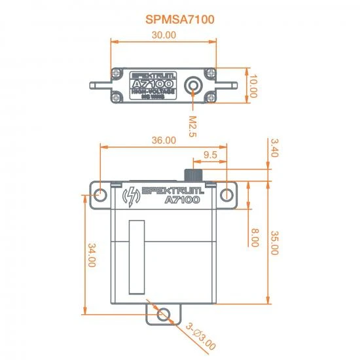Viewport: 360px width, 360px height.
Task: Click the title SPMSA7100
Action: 180,20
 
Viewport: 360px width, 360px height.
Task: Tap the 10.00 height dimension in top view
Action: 253,86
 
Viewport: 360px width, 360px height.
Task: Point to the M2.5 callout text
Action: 192,125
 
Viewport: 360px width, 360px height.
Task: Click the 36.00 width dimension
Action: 164,140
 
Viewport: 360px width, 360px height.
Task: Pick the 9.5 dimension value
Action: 209,154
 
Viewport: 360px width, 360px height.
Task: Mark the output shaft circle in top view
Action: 194,86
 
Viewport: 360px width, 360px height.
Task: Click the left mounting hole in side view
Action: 101,195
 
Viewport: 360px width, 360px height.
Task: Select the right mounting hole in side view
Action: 226,195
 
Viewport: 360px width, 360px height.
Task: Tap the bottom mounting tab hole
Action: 164,315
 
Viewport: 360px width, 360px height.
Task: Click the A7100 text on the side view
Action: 182,200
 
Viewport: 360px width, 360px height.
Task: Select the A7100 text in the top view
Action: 150,84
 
